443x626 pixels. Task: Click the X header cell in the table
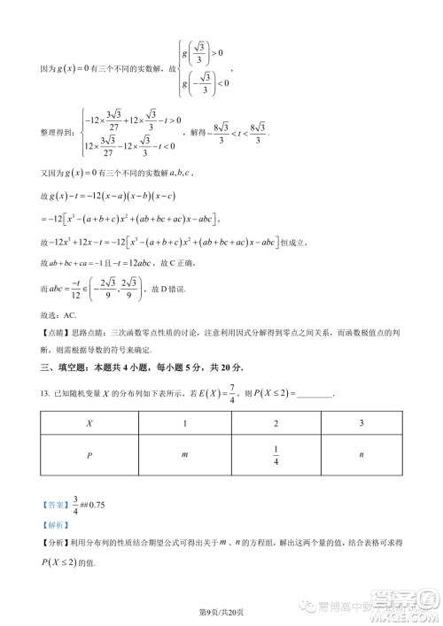tap(88, 424)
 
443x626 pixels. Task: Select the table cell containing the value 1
tap(184, 424)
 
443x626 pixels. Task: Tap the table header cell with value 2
tap(276, 424)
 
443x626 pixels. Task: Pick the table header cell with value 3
tap(361, 424)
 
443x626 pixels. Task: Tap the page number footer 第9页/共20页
tap(221, 611)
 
